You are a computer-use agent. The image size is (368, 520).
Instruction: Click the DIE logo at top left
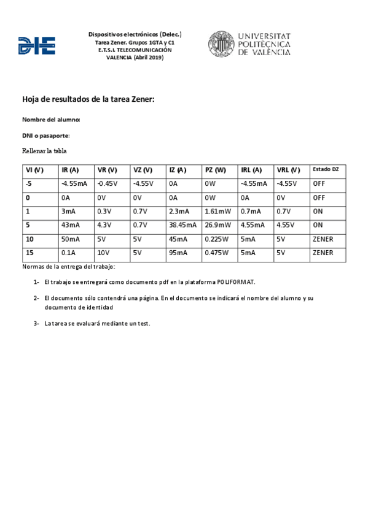coord(37,45)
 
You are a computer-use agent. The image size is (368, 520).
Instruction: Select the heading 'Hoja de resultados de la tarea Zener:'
coord(88,98)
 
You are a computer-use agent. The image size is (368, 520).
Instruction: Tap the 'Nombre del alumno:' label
coord(51,119)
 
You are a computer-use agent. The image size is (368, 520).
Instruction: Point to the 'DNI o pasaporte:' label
coord(46,135)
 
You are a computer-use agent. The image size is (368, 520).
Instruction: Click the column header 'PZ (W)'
coord(216,170)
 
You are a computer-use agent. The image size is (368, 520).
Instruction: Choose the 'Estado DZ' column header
coord(326,169)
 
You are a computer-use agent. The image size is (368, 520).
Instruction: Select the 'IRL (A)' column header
coord(251,170)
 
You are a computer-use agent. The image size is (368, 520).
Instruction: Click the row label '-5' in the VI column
coord(29,183)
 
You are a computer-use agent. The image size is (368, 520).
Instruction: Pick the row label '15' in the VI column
coord(29,253)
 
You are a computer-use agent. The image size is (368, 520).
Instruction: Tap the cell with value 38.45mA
coord(182,225)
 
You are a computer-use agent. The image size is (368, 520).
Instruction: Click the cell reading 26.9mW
coord(218,225)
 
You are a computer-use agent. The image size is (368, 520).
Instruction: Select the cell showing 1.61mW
coord(219,211)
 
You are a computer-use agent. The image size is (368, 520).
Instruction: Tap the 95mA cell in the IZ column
coord(179,253)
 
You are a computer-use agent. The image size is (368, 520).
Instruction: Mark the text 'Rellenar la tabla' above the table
coord(44,151)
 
